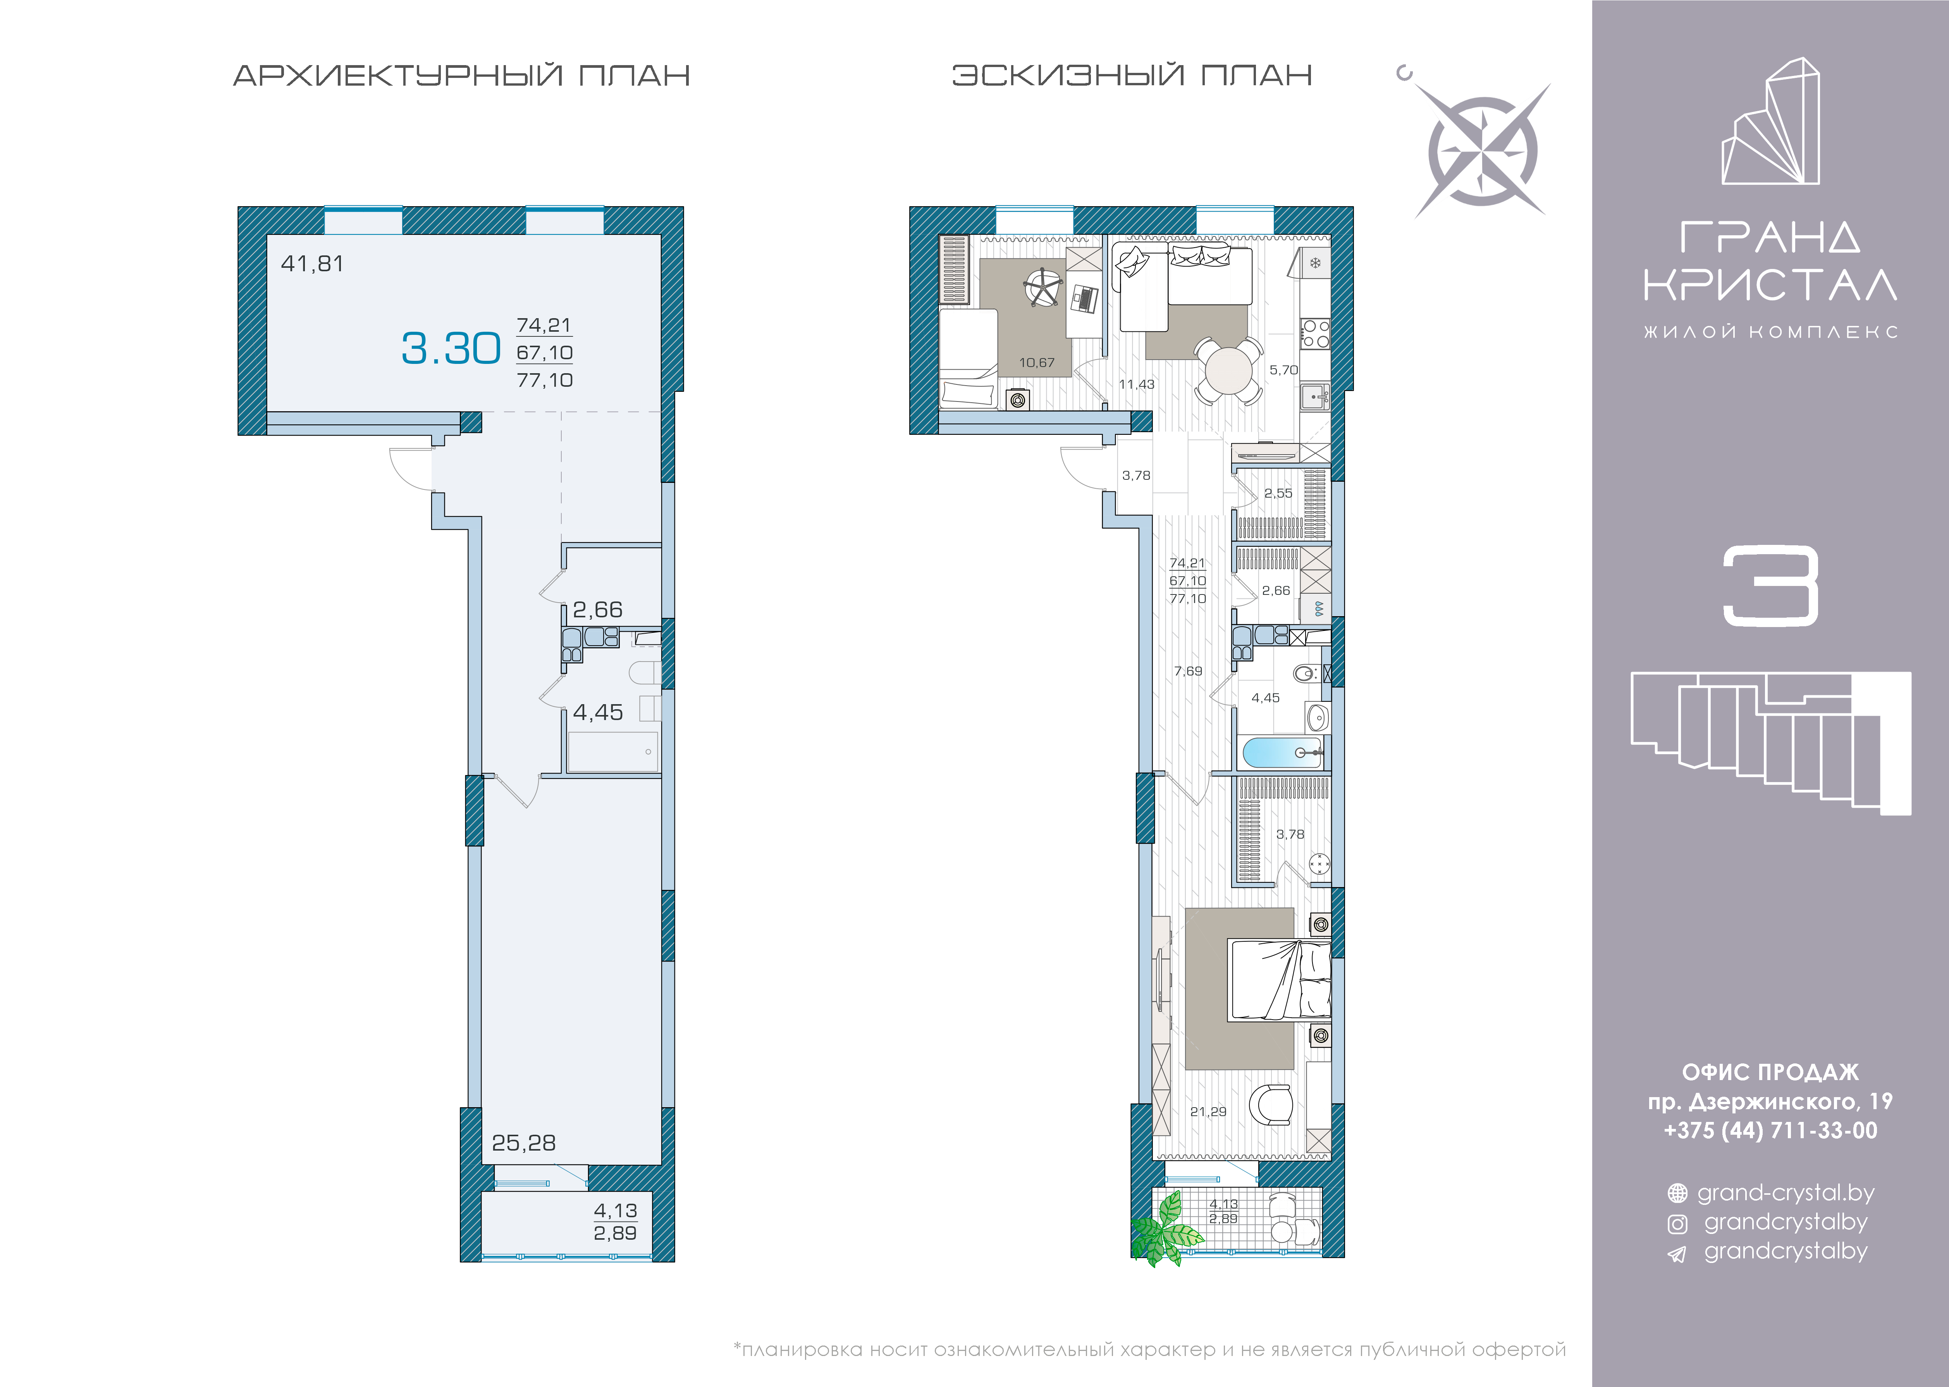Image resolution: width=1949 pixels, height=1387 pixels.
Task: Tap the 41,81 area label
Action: [x=313, y=264]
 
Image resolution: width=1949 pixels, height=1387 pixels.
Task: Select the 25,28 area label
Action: [x=523, y=1143]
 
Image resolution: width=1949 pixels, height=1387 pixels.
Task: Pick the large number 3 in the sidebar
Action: [x=1770, y=587]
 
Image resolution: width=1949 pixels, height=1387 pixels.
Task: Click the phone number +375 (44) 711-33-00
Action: [x=1770, y=1131]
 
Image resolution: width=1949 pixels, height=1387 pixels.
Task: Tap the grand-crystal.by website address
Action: [x=1785, y=1193]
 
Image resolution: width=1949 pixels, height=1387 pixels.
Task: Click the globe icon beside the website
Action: [x=1677, y=1193]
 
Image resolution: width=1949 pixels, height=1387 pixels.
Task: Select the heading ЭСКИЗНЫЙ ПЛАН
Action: [x=1132, y=75]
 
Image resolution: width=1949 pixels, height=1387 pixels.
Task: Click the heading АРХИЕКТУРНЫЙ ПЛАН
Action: [x=462, y=75]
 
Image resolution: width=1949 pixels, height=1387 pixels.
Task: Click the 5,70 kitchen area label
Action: [x=1283, y=370]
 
